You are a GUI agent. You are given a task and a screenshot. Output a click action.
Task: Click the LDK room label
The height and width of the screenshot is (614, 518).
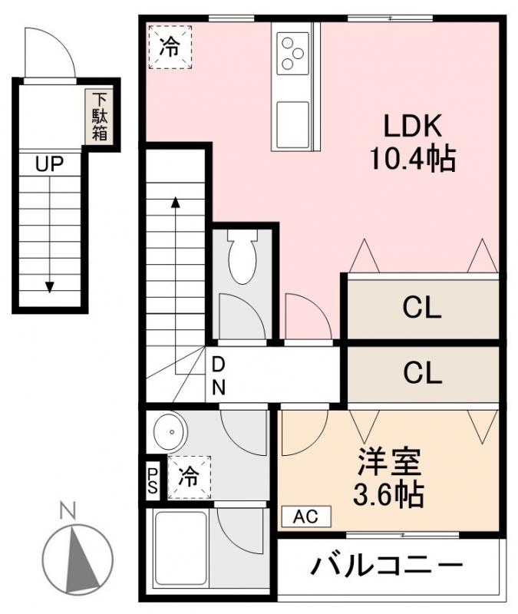pyautogui.click(x=413, y=126)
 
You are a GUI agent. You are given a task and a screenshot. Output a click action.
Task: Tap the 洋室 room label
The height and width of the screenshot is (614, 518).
pyautogui.click(x=389, y=461)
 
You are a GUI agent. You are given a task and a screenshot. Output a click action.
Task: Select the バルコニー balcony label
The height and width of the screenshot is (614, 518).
pyautogui.click(x=387, y=566)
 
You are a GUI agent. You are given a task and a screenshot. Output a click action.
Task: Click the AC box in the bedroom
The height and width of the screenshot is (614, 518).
pyautogui.click(x=306, y=517)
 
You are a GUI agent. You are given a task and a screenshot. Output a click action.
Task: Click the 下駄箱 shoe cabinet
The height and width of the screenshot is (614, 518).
pyautogui.click(x=100, y=117)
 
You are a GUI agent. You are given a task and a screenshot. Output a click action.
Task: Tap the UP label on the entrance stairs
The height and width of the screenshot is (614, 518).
pyautogui.click(x=49, y=163)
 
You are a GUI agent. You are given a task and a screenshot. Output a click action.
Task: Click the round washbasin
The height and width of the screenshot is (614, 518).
pyautogui.click(x=170, y=432)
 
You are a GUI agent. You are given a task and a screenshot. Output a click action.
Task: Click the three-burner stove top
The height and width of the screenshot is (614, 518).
pyautogui.click(x=292, y=53)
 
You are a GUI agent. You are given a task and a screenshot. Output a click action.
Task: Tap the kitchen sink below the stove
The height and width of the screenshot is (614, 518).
pyautogui.click(x=292, y=124)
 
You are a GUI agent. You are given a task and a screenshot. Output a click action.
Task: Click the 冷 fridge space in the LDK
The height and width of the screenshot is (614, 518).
pyautogui.click(x=170, y=48)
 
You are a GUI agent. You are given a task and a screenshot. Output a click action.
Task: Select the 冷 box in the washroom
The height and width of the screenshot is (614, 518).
pyautogui.click(x=189, y=477)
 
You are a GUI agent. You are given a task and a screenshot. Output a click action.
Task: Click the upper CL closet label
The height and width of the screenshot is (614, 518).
pyautogui.click(x=422, y=308)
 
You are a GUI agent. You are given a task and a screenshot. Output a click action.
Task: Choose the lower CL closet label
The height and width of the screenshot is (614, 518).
pyautogui.click(x=423, y=373)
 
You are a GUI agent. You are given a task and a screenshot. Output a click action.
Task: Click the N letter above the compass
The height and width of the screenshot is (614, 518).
pyautogui.click(x=68, y=510)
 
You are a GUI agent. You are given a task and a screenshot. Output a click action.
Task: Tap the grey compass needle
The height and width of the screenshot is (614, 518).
pyautogui.click(x=80, y=560)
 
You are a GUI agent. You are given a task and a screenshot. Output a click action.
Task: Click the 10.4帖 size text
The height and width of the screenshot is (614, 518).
pyautogui.click(x=413, y=159)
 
